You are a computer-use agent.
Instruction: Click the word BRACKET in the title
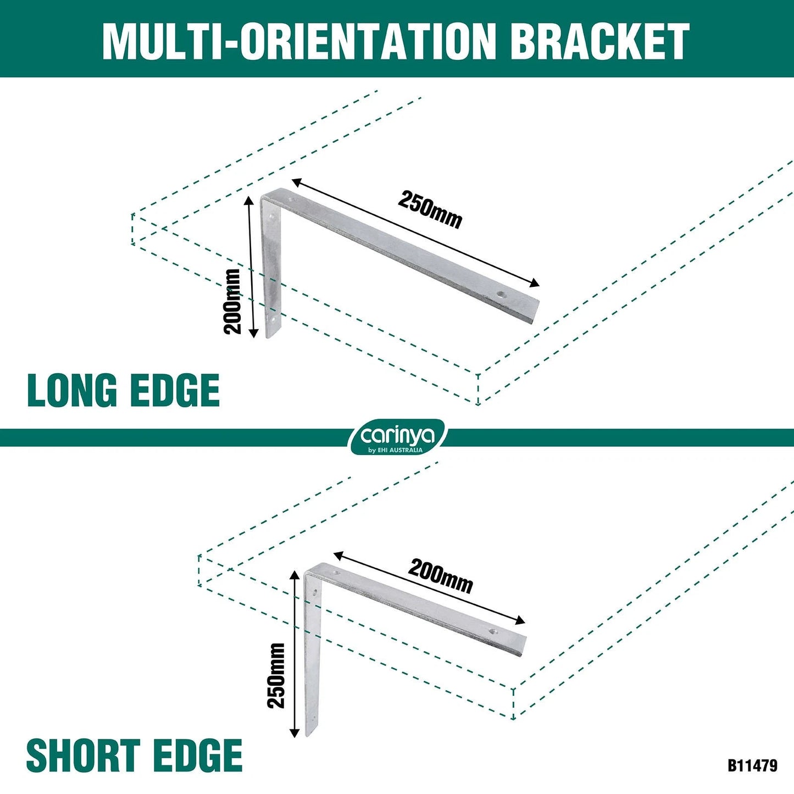pyautogui.click(x=602, y=41)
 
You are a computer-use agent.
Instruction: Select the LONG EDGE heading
pyautogui.click(x=123, y=390)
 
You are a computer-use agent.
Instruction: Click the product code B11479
pyautogui.click(x=752, y=765)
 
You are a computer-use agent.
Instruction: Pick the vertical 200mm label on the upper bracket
pyautogui.click(x=232, y=301)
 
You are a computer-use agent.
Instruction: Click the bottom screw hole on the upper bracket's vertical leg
pyautogui.click(x=272, y=319)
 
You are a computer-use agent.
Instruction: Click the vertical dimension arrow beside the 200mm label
pyautogui.click(x=251, y=267)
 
